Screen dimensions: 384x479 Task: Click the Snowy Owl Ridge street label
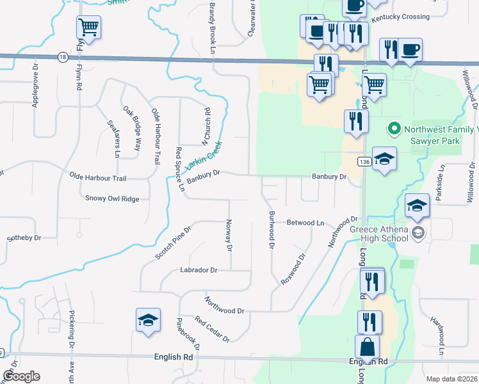(112, 199)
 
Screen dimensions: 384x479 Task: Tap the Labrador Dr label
(199, 270)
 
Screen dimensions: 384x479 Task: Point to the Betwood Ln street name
(305, 223)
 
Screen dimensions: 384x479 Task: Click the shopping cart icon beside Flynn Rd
(88, 28)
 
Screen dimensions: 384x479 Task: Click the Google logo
(20, 376)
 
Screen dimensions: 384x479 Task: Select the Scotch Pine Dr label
(173, 243)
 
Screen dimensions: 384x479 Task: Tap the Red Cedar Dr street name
(213, 330)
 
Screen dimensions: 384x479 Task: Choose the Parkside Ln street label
(440, 183)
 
